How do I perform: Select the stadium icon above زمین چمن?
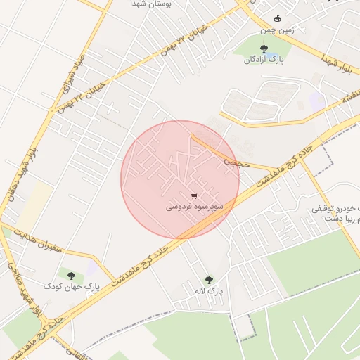coord(278,18)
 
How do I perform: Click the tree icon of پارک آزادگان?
coord(263,49)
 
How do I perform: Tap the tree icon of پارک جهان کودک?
coord(71,276)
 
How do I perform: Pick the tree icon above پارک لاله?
coord(208,279)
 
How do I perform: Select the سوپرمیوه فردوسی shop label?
coord(195,207)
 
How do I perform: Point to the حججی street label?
coord(232,162)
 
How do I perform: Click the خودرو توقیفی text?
coord(337,210)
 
